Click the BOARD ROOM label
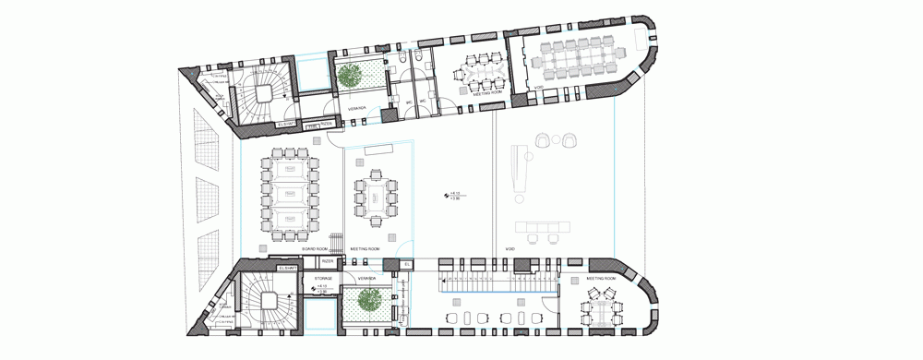[316, 249]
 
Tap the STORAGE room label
[323, 278]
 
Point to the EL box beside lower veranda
[408, 265]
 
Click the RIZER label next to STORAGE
[328, 262]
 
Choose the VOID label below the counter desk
[510, 249]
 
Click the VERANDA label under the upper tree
[358, 108]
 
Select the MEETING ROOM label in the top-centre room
[487, 94]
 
